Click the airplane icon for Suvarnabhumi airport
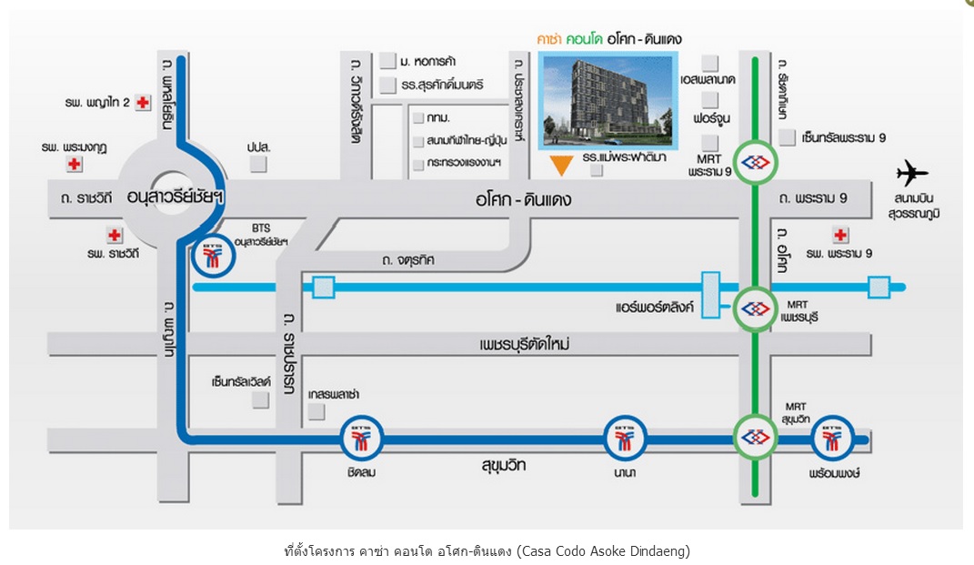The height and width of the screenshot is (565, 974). click(x=911, y=173)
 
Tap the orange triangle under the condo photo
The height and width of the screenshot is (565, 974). click(x=563, y=165)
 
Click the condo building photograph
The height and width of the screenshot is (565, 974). click(x=607, y=100)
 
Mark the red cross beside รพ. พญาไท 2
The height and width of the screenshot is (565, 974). click(x=143, y=103)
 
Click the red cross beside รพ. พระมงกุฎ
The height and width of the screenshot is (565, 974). click(x=75, y=165)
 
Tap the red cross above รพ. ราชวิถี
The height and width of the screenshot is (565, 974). click(x=114, y=236)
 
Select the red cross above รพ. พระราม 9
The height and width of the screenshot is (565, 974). click(x=840, y=235)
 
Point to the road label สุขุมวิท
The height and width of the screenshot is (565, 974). click(x=505, y=466)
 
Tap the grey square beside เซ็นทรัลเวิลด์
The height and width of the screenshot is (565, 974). click(x=261, y=399)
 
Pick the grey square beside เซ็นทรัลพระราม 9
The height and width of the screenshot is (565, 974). click(x=788, y=137)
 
